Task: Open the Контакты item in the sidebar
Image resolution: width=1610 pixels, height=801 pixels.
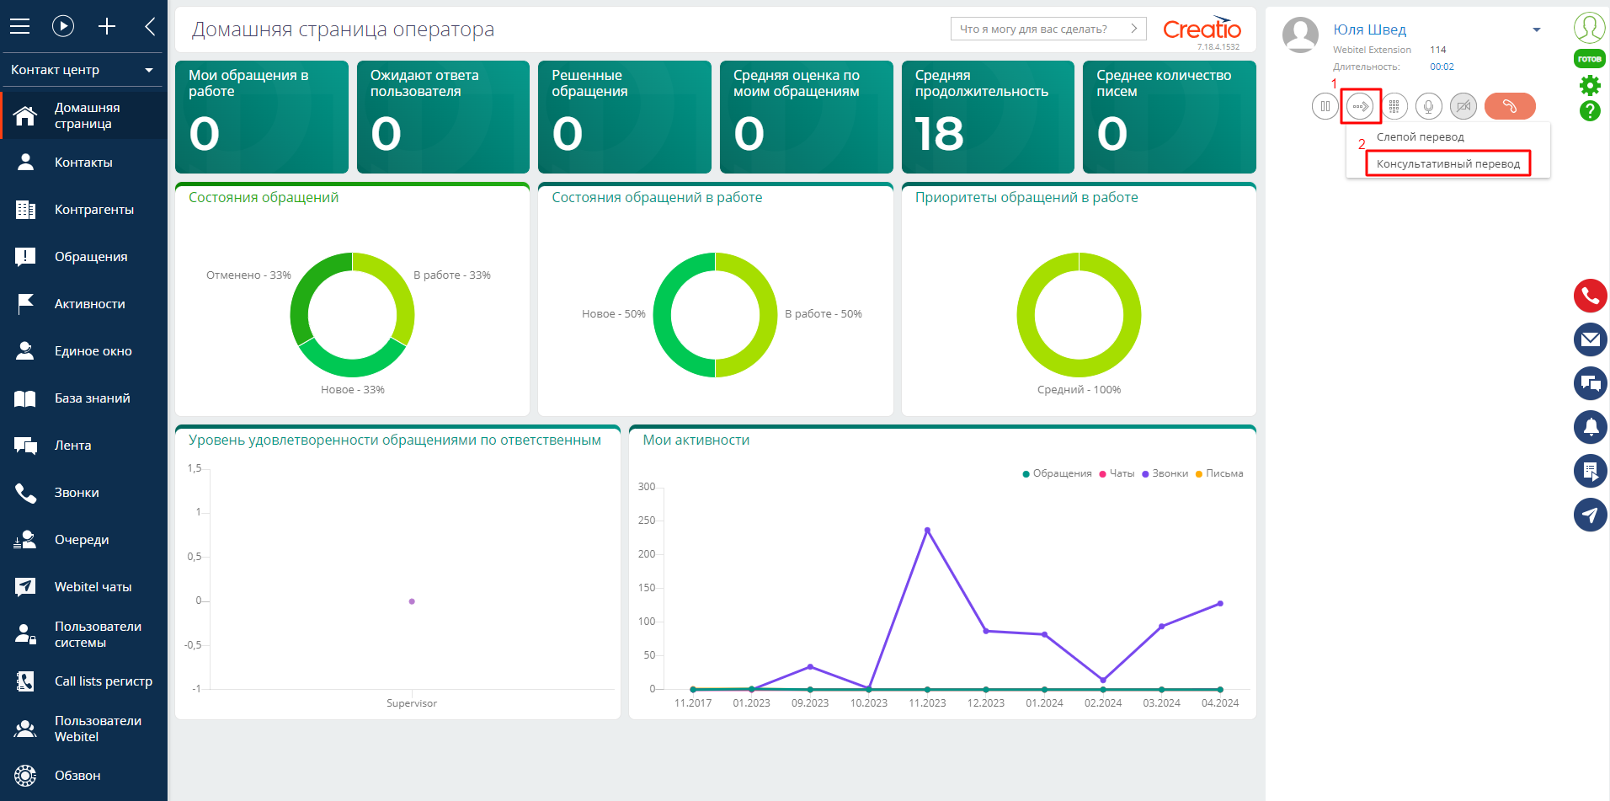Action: click(83, 163)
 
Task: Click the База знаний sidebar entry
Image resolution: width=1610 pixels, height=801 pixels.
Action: click(93, 398)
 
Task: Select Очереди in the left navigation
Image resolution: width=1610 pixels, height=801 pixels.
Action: click(82, 540)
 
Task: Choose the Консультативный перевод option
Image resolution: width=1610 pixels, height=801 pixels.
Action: click(1448, 163)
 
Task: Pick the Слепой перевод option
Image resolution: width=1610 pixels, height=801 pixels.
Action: click(1421, 136)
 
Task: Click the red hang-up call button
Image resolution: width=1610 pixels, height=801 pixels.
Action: click(1510, 106)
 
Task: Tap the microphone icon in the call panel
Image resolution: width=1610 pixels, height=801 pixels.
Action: click(1429, 106)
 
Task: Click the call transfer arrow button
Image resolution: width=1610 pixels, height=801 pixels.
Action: click(1360, 106)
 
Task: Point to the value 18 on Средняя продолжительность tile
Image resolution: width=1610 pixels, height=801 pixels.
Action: click(939, 134)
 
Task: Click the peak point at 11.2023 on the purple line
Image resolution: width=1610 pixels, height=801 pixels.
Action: click(927, 530)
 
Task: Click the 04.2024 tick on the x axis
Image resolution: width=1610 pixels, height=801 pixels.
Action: click(1220, 703)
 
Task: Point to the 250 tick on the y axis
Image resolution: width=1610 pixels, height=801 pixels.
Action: click(647, 521)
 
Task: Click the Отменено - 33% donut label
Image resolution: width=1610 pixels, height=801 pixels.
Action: click(248, 275)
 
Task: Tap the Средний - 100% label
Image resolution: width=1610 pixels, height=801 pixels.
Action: click(1079, 390)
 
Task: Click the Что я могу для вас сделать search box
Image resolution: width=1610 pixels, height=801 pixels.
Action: click(1048, 29)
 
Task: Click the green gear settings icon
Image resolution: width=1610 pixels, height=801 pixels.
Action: click(1590, 85)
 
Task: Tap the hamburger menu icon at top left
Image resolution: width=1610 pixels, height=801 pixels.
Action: click(19, 26)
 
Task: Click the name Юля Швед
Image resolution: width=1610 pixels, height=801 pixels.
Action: click(1369, 29)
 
